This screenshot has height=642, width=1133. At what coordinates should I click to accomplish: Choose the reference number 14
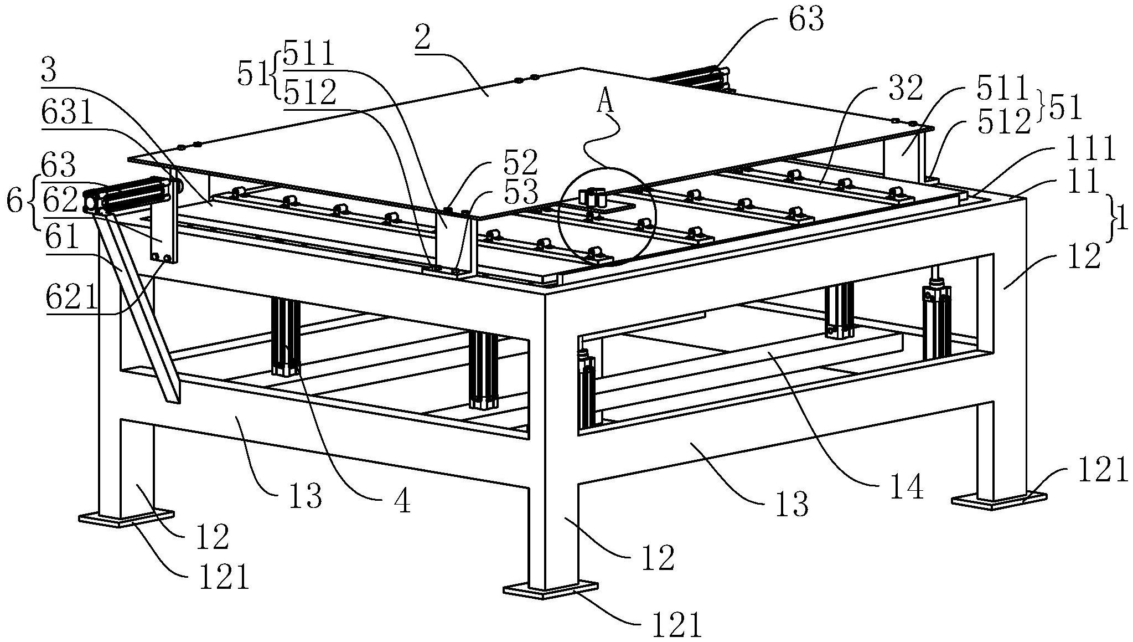coord(906,488)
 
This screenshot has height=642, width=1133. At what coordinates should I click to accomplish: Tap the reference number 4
coord(402,502)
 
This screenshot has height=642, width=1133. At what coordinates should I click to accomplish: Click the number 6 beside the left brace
coord(15,203)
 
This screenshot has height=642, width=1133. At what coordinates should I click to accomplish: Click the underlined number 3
coord(50,71)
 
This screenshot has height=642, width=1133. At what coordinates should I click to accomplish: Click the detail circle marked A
coord(607,217)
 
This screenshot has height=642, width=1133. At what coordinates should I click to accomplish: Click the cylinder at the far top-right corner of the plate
coord(692,78)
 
